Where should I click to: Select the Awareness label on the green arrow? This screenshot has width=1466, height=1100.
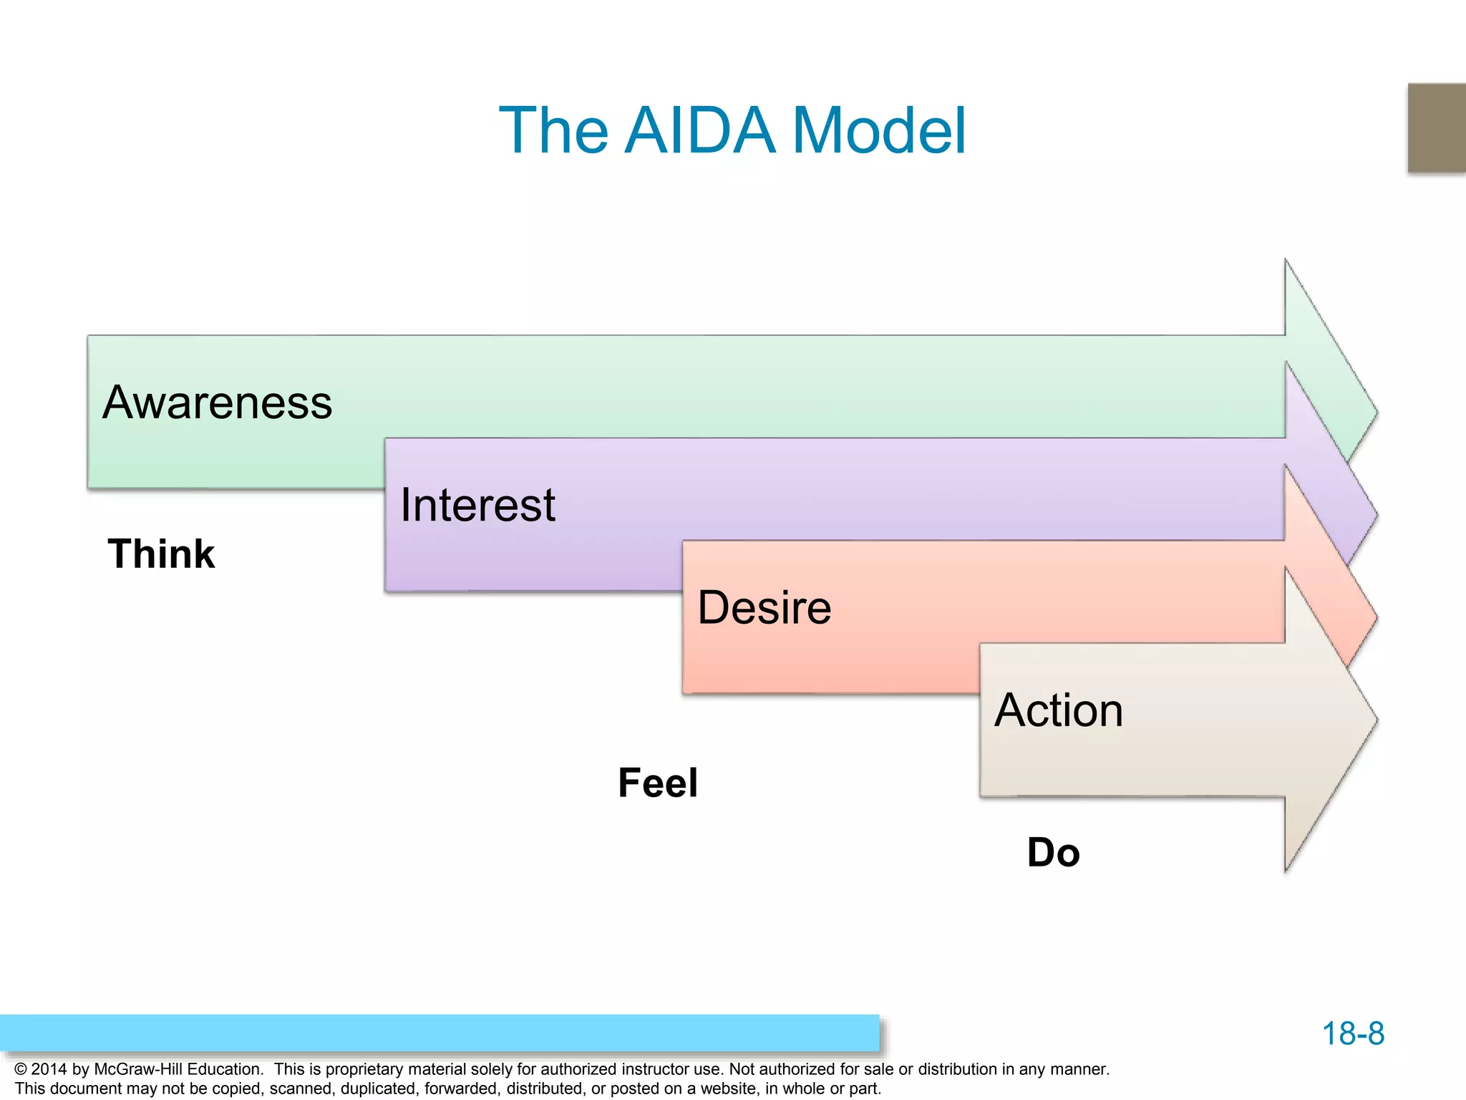[x=217, y=402]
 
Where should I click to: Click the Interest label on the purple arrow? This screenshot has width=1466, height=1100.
[x=477, y=505]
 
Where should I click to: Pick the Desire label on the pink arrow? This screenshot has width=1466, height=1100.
[x=764, y=607]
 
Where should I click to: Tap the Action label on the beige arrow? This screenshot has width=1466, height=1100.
[x=1058, y=710]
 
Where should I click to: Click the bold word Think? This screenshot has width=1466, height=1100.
[x=161, y=554]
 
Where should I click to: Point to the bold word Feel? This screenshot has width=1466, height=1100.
[x=657, y=783]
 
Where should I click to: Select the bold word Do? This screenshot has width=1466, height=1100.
[x=1053, y=852]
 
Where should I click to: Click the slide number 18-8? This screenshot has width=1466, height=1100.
[x=1352, y=1033]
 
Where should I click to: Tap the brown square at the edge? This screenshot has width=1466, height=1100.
[x=1437, y=127]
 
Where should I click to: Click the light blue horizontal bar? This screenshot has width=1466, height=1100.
[x=439, y=1033]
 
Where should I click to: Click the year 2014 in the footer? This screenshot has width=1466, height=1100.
[x=49, y=1069]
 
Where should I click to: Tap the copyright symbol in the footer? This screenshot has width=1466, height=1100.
[x=20, y=1069]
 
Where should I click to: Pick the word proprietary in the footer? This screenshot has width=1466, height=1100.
[x=367, y=1069]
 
